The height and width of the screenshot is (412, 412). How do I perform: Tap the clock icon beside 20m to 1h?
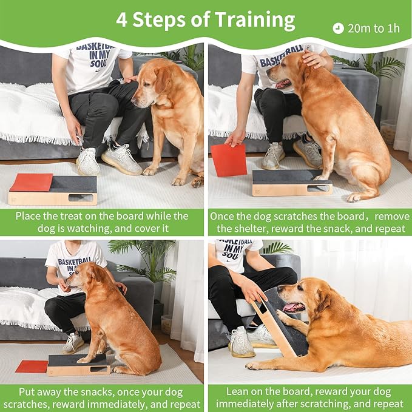tap(338, 28)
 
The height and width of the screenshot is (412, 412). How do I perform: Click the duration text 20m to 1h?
tap(374, 28)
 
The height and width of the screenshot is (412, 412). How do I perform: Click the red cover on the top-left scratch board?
tap(31, 181)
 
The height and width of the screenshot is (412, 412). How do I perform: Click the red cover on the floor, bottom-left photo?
tap(32, 366)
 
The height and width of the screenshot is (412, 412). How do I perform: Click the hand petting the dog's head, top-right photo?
tap(314, 59)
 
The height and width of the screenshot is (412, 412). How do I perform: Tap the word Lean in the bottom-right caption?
tap(238, 391)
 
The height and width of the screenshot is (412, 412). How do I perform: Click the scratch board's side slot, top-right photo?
tap(318, 188)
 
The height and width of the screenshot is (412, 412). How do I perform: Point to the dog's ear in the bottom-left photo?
tap(96, 276)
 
